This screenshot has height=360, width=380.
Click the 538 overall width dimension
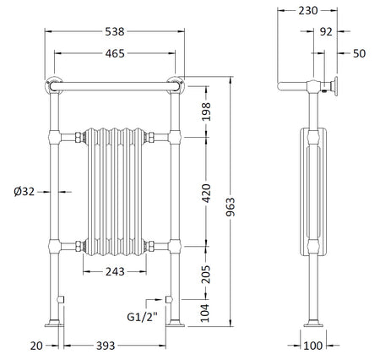pyautogui.click(x=115, y=31)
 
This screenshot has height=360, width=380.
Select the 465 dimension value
pyautogui.click(x=115, y=53)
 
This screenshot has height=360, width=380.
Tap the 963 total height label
pyautogui.click(x=231, y=207)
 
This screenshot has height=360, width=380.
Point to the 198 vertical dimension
pyautogui.click(x=206, y=112)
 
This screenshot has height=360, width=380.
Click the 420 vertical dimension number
pyautogui.click(x=206, y=194)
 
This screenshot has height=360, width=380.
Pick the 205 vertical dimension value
pyautogui.click(x=206, y=275)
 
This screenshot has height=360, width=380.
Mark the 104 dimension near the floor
pyautogui.click(x=205, y=313)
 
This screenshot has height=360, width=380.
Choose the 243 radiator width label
pyautogui.click(x=115, y=272)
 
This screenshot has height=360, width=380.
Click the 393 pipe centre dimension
pyautogui.click(x=106, y=346)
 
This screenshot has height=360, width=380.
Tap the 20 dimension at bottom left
pyautogui.click(x=36, y=346)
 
